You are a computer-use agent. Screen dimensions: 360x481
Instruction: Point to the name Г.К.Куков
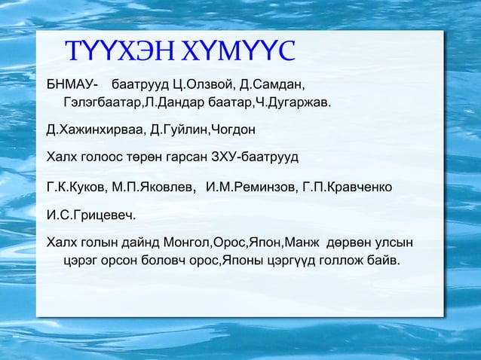(x=75, y=187)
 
